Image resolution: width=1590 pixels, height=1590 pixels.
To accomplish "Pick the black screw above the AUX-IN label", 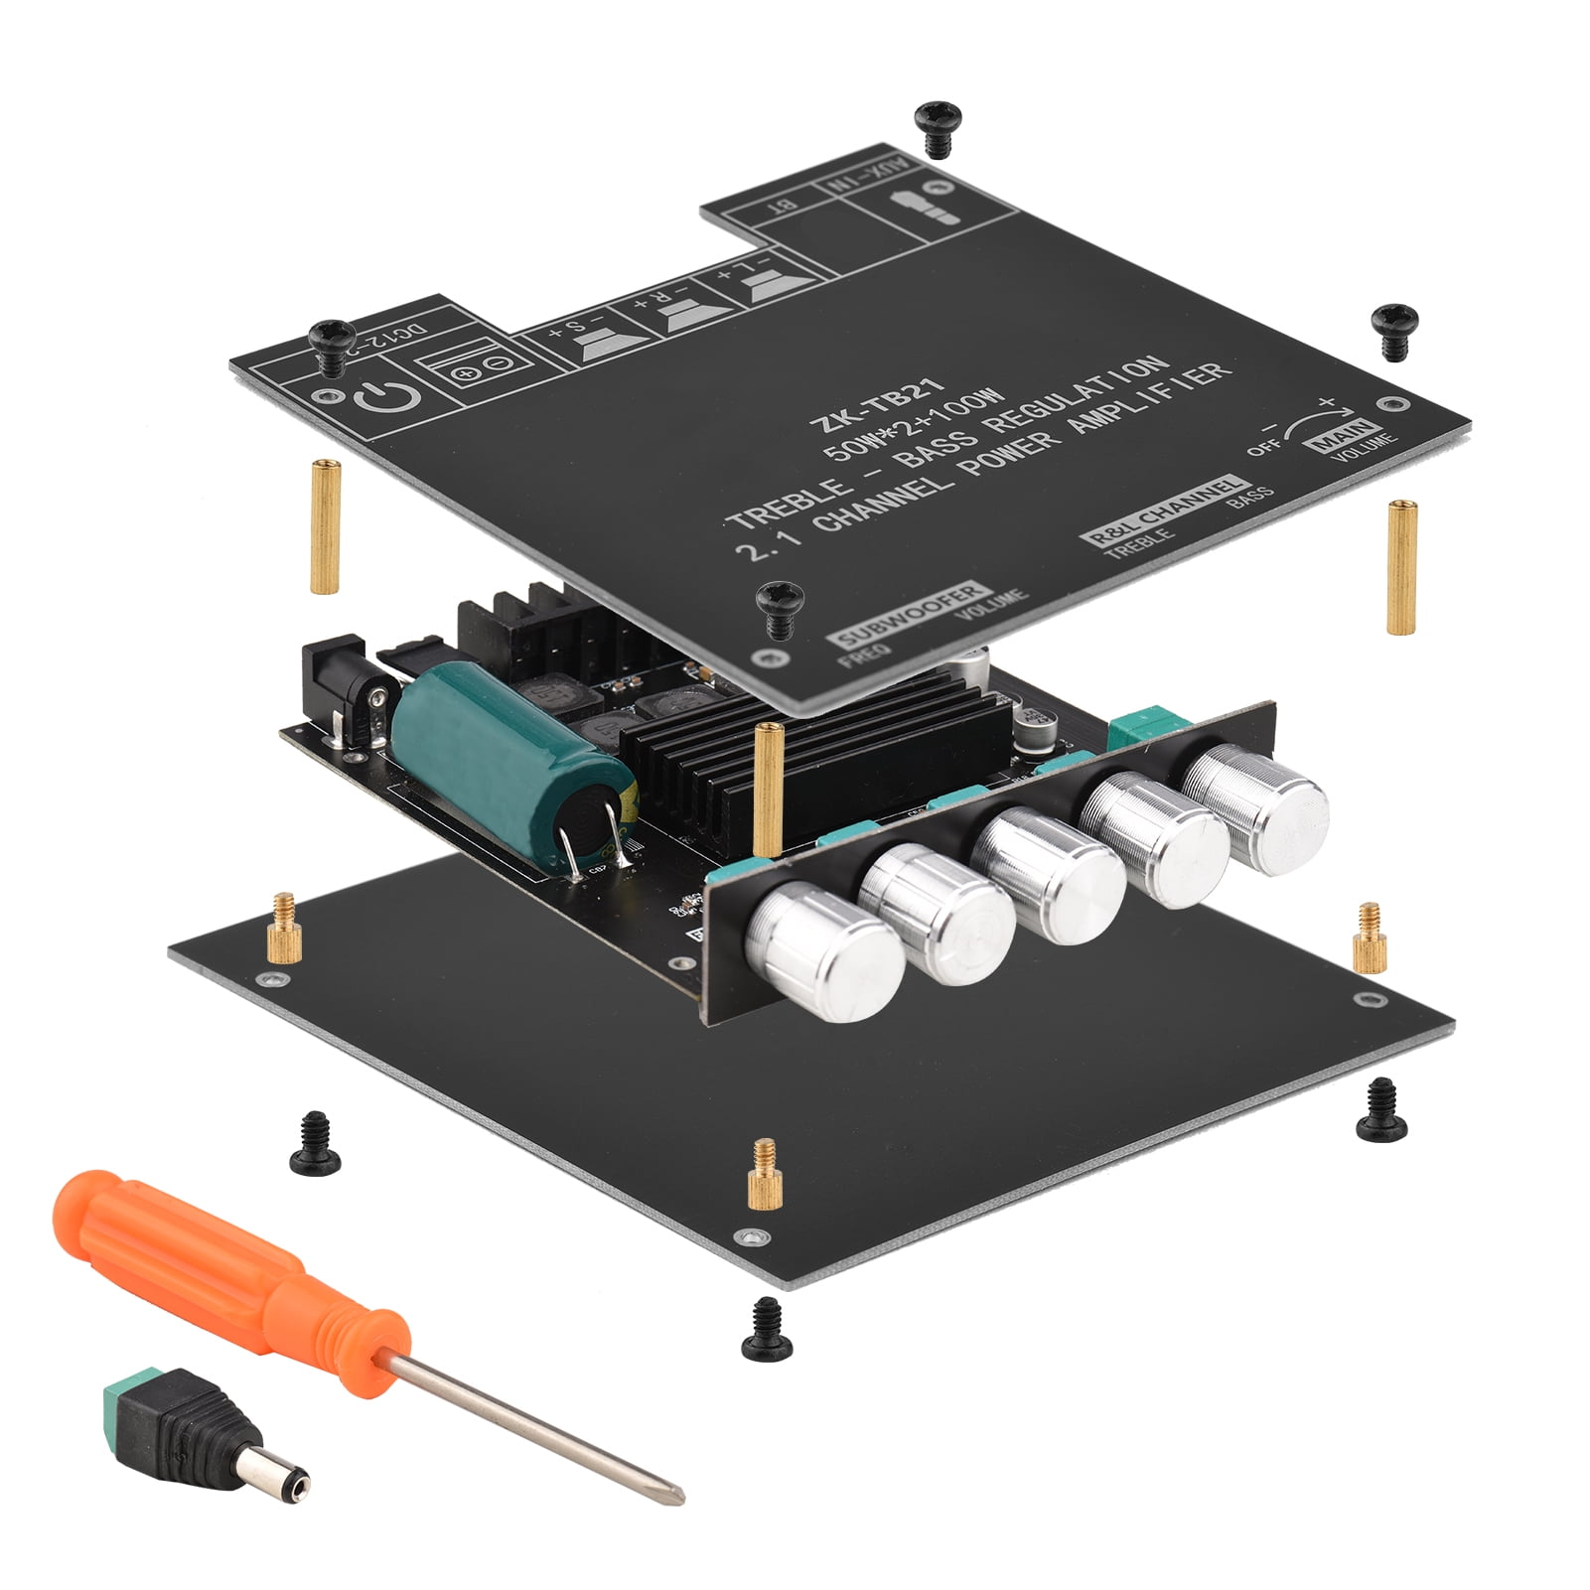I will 935,125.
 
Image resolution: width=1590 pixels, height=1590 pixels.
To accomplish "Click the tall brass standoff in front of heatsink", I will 765,789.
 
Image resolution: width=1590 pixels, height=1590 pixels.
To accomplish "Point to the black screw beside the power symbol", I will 332,342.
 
